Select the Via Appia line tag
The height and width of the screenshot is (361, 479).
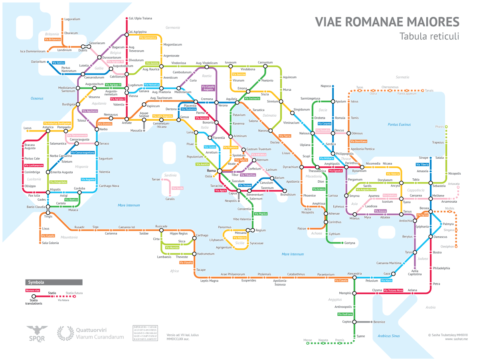(x=220, y=191)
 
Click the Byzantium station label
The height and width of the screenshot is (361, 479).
(x=359, y=171)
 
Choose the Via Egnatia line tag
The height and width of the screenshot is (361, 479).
(x=335, y=171)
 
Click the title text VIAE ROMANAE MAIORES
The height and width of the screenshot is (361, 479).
(x=387, y=22)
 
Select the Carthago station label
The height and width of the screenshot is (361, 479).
(x=202, y=235)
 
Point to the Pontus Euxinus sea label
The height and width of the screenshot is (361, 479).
(x=399, y=124)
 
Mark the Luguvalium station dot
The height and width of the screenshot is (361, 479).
(x=62, y=19)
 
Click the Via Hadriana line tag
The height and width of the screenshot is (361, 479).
(x=345, y=314)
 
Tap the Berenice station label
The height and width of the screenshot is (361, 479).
(x=379, y=322)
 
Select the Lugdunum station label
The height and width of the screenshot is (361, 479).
(x=135, y=85)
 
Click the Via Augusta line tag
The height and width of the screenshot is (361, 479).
(x=88, y=180)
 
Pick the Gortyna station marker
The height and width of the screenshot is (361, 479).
(x=342, y=243)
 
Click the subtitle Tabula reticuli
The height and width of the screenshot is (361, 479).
(x=429, y=36)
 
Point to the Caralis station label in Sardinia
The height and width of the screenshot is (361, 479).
(x=170, y=199)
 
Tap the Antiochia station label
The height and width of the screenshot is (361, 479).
(x=406, y=221)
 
